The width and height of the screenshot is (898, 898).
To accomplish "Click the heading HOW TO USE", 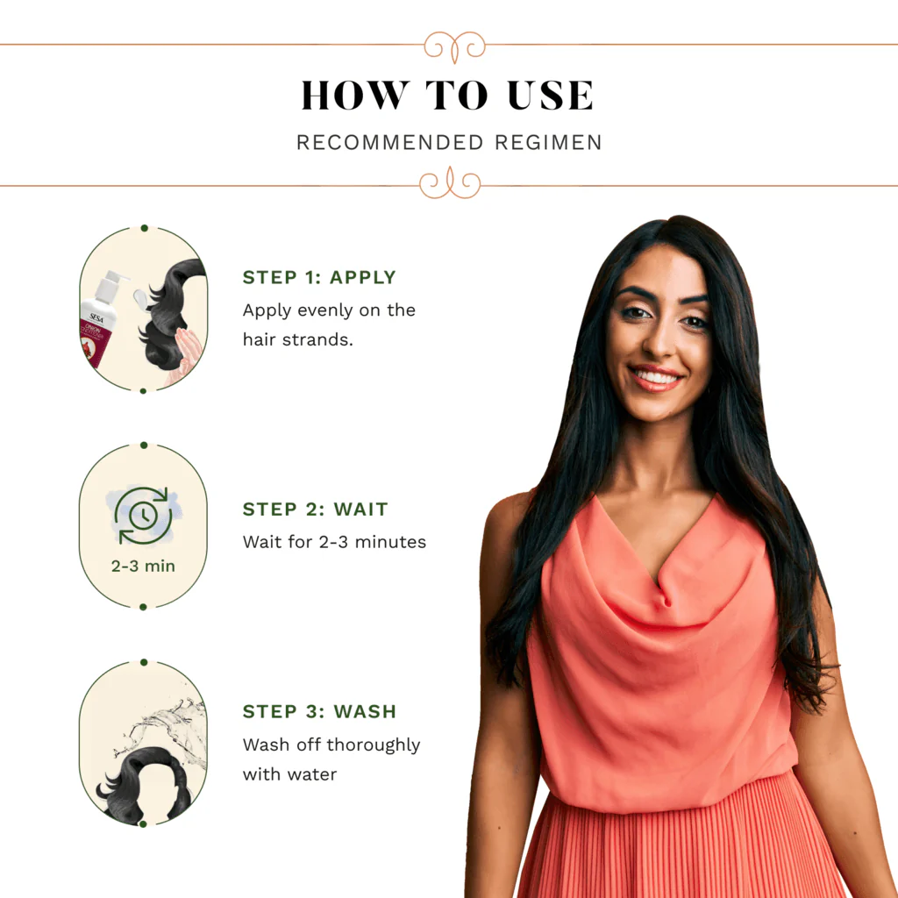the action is click(447, 95).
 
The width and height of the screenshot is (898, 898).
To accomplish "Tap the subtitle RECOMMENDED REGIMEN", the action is click(449, 143).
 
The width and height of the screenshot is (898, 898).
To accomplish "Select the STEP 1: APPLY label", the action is click(319, 277).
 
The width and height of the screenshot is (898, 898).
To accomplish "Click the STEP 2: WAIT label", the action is click(315, 510).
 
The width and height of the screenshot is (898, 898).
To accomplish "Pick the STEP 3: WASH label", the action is click(319, 711).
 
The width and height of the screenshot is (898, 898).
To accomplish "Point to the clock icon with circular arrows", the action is click(143, 516).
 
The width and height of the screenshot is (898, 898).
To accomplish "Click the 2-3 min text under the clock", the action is click(143, 566).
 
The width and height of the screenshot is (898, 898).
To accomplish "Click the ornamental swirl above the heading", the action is click(454, 46).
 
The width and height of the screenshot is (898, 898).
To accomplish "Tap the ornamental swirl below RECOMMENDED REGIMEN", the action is click(450, 183).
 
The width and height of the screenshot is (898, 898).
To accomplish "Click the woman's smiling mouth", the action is click(656, 377).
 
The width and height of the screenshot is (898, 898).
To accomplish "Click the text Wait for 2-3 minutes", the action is click(334, 542).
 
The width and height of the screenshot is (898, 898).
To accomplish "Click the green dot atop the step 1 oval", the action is click(145, 228).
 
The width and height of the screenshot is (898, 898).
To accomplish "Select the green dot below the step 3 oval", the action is click(143, 824).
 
